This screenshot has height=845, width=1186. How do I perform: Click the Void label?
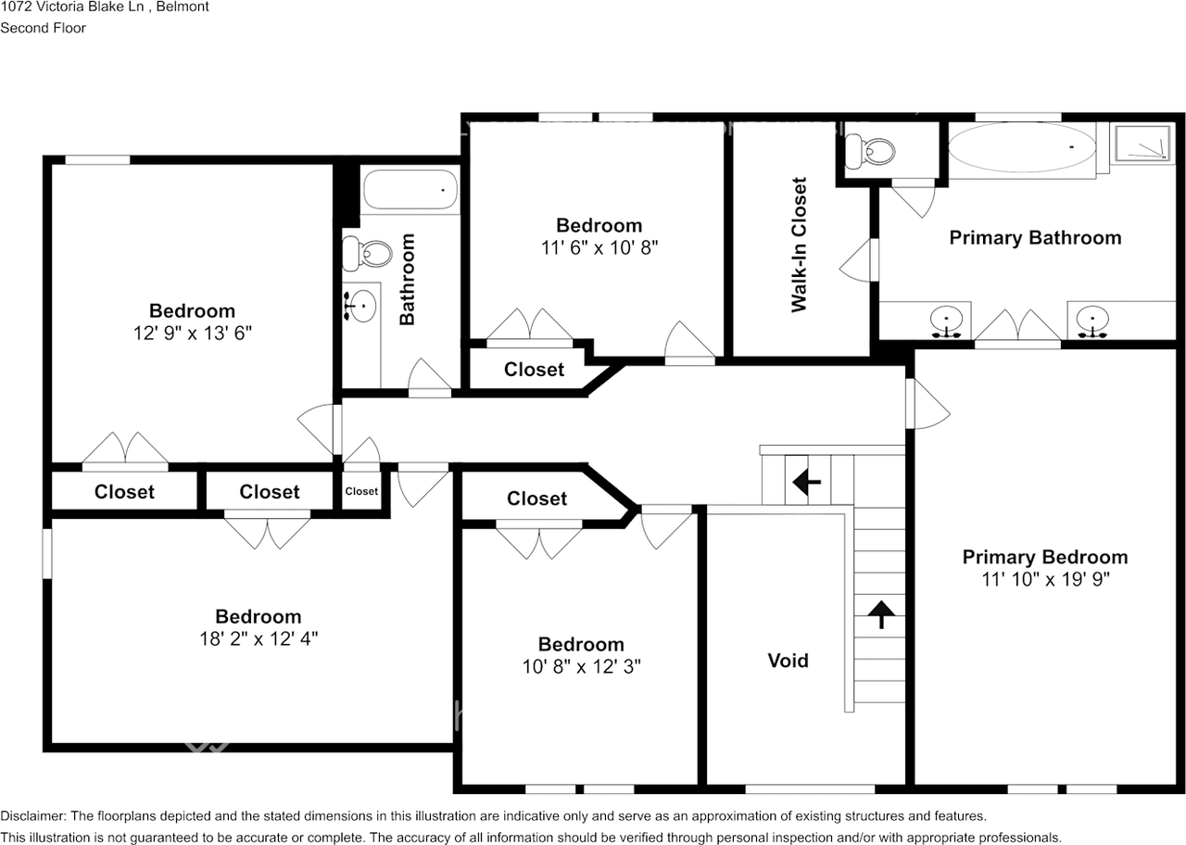(x=788, y=661)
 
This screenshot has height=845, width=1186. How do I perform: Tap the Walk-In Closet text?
(x=799, y=245)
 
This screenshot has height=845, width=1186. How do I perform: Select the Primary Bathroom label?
(x=1035, y=237)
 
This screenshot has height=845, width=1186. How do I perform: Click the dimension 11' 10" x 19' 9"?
(x=1045, y=579)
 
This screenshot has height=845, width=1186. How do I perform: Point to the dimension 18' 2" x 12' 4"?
(x=259, y=638)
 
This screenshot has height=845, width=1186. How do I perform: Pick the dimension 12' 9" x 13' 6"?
(x=192, y=333)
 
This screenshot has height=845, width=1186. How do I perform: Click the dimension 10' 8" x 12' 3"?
(x=581, y=666)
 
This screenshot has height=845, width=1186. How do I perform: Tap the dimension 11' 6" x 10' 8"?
(x=599, y=247)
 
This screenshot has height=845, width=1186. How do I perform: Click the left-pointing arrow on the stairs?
(x=806, y=481)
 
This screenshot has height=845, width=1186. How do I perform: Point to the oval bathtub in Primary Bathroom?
(x=1021, y=148)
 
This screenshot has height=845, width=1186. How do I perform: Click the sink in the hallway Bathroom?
(x=361, y=305)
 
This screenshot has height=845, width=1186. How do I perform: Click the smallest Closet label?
(x=361, y=491)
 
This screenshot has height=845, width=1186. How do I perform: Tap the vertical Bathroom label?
(x=407, y=278)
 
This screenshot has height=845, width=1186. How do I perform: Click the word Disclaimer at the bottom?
(x=33, y=816)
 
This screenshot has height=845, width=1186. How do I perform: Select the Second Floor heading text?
(x=43, y=28)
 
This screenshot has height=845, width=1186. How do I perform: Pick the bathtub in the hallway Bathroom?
(x=409, y=189)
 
